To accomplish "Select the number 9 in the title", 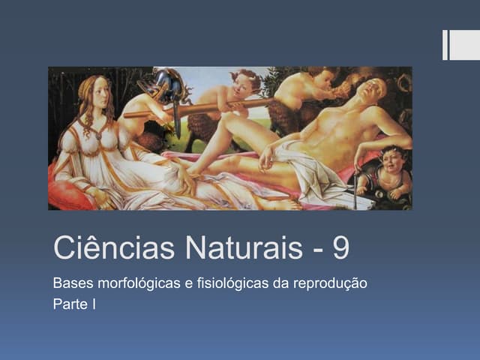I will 340,248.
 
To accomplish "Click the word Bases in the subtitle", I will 70,285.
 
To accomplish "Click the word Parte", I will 68,304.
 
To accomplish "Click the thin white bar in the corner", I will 445,45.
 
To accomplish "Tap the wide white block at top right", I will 464,45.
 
